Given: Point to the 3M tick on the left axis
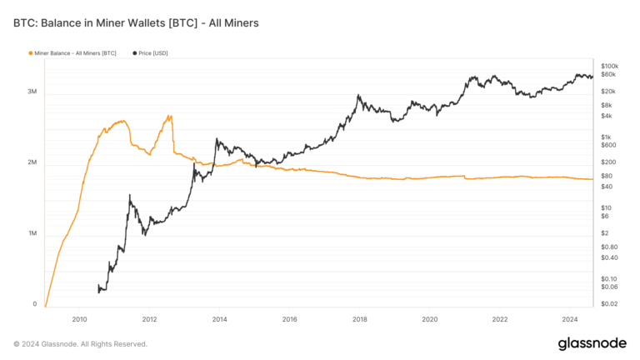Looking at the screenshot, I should (32, 91).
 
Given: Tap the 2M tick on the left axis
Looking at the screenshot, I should (32, 162).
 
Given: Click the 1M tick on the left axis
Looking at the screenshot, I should (32, 233).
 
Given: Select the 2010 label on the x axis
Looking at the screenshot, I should (79, 319).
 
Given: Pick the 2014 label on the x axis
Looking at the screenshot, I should (219, 319).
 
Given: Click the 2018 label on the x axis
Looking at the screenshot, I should (360, 319).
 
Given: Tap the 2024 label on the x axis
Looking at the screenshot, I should (570, 319).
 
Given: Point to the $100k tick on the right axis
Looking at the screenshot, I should (610, 66).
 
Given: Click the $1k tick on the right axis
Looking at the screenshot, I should (607, 137).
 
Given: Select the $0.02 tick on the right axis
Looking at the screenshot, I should (609, 304).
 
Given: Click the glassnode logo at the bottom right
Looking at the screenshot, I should (592, 343).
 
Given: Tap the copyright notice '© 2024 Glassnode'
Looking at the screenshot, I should (80, 343).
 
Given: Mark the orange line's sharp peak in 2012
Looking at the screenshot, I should (170, 116).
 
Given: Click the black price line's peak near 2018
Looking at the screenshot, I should (358, 95).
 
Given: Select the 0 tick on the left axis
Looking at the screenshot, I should (35, 304).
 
